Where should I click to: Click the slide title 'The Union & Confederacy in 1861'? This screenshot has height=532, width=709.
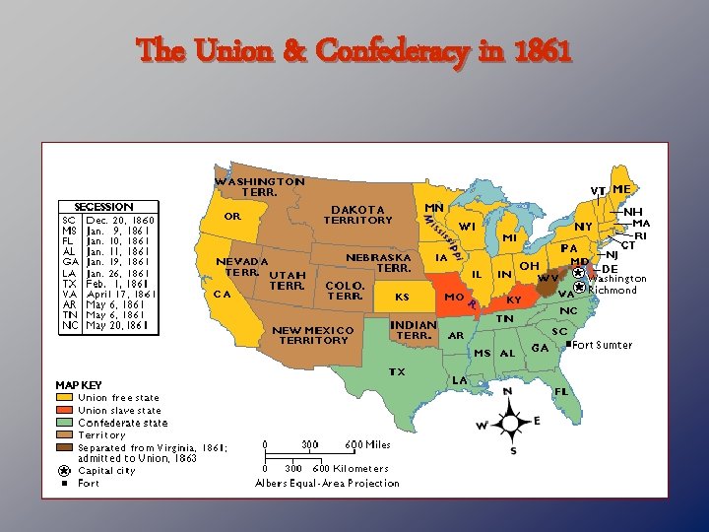point(354,48)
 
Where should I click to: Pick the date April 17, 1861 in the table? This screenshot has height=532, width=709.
point(121,294)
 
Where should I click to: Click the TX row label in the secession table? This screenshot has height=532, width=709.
point(69,282)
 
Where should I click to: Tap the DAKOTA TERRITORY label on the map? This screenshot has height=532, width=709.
point(361,215)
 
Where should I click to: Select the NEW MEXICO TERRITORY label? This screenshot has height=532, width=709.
point(312,335)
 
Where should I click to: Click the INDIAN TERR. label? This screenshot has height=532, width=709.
point(414,330)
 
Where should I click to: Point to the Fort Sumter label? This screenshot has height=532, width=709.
point(604,345)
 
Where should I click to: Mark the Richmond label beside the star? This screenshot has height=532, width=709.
point(612,290)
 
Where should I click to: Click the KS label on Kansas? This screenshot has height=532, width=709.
point(402,296)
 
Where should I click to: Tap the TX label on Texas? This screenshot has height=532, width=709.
point(396,372)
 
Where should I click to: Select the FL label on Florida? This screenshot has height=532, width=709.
point(561,390)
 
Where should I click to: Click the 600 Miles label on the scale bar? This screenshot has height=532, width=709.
point(368,444)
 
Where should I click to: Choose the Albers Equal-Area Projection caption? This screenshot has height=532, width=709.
point(327,483)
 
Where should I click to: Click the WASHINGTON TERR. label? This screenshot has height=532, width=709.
point(259,187)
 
